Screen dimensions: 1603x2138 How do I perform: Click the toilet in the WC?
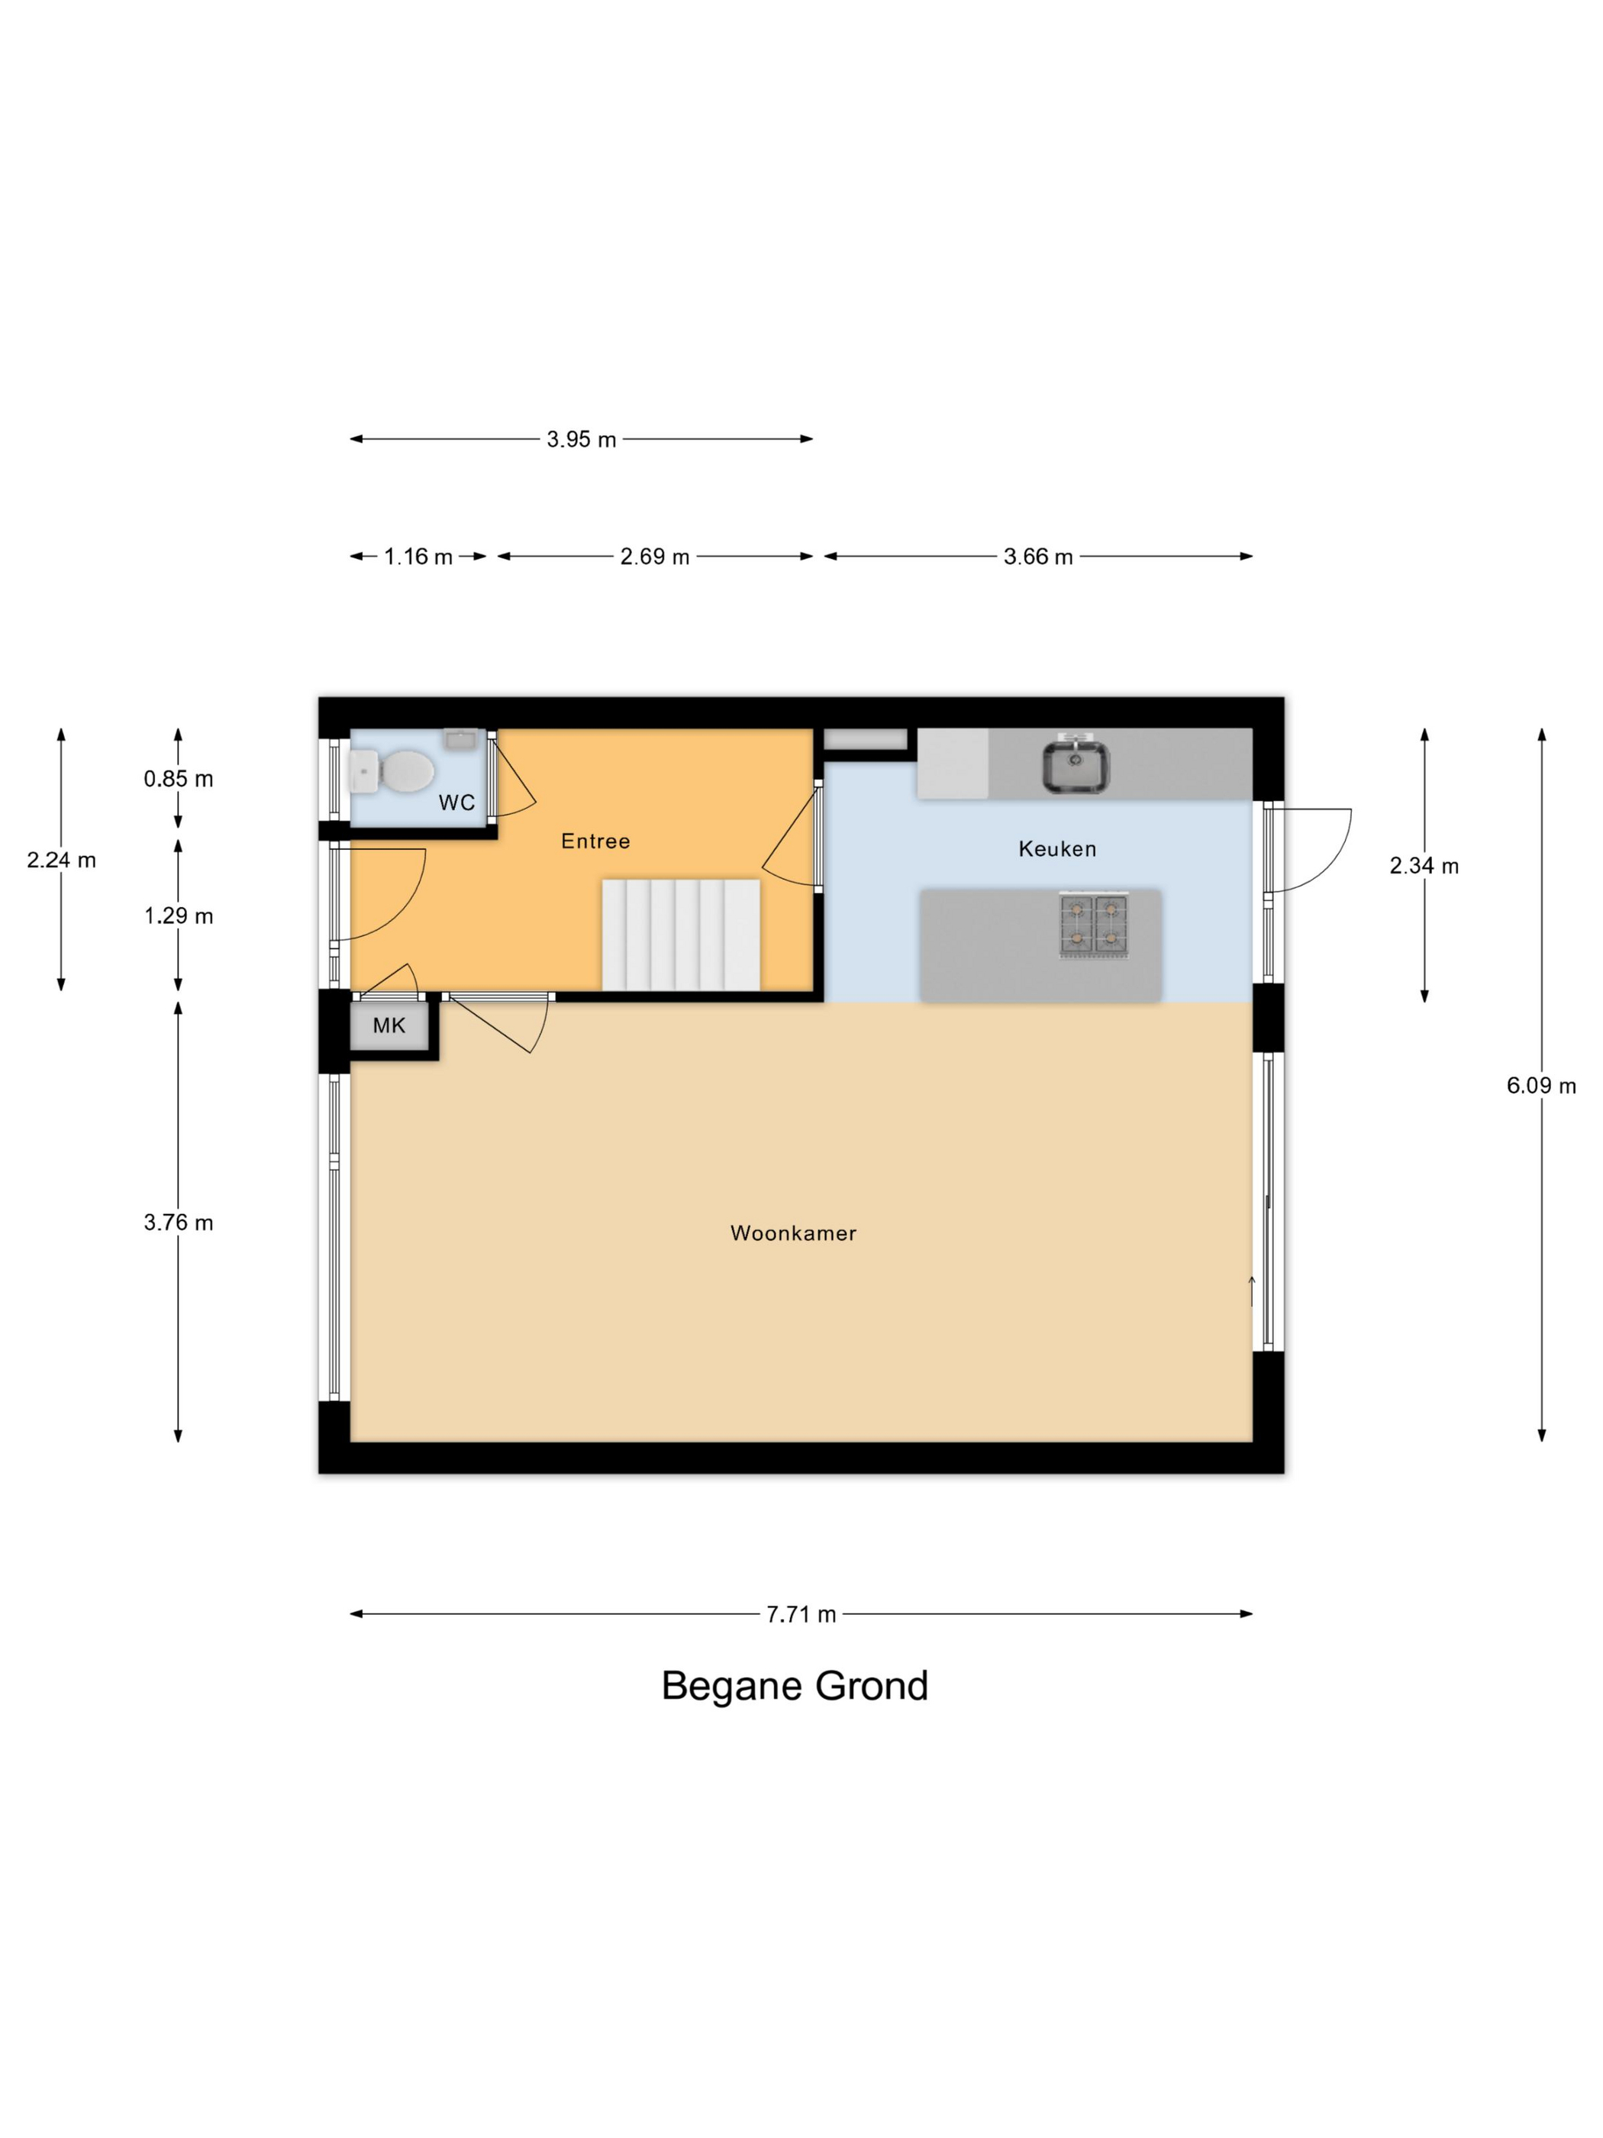point(392,772)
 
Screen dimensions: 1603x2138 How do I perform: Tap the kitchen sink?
point(1076,766)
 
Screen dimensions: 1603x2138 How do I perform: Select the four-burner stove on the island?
point(1094,925)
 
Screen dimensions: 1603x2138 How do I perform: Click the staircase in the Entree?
point(681,935)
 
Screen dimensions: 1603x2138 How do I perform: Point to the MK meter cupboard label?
point(389,1026)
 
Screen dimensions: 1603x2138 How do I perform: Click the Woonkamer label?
point(793,1233)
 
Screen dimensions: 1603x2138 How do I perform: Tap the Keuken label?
point(1057,848)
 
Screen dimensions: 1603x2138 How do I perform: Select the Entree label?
point(595,841)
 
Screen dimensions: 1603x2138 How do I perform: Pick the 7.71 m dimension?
point(801,1614)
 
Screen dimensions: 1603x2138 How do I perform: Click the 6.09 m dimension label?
point(1541,1086)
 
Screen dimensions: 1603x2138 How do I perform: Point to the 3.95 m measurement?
point(582,439)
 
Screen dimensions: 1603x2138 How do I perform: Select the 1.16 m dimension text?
point(418,557)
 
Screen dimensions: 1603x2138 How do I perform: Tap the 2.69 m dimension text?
point(655,557)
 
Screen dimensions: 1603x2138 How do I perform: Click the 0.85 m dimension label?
point(179,778)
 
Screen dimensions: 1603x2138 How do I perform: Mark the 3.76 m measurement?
point(179,1222)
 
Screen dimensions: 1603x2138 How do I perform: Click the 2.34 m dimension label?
point(1424,866)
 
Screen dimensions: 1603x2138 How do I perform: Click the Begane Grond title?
point(795,1686)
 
